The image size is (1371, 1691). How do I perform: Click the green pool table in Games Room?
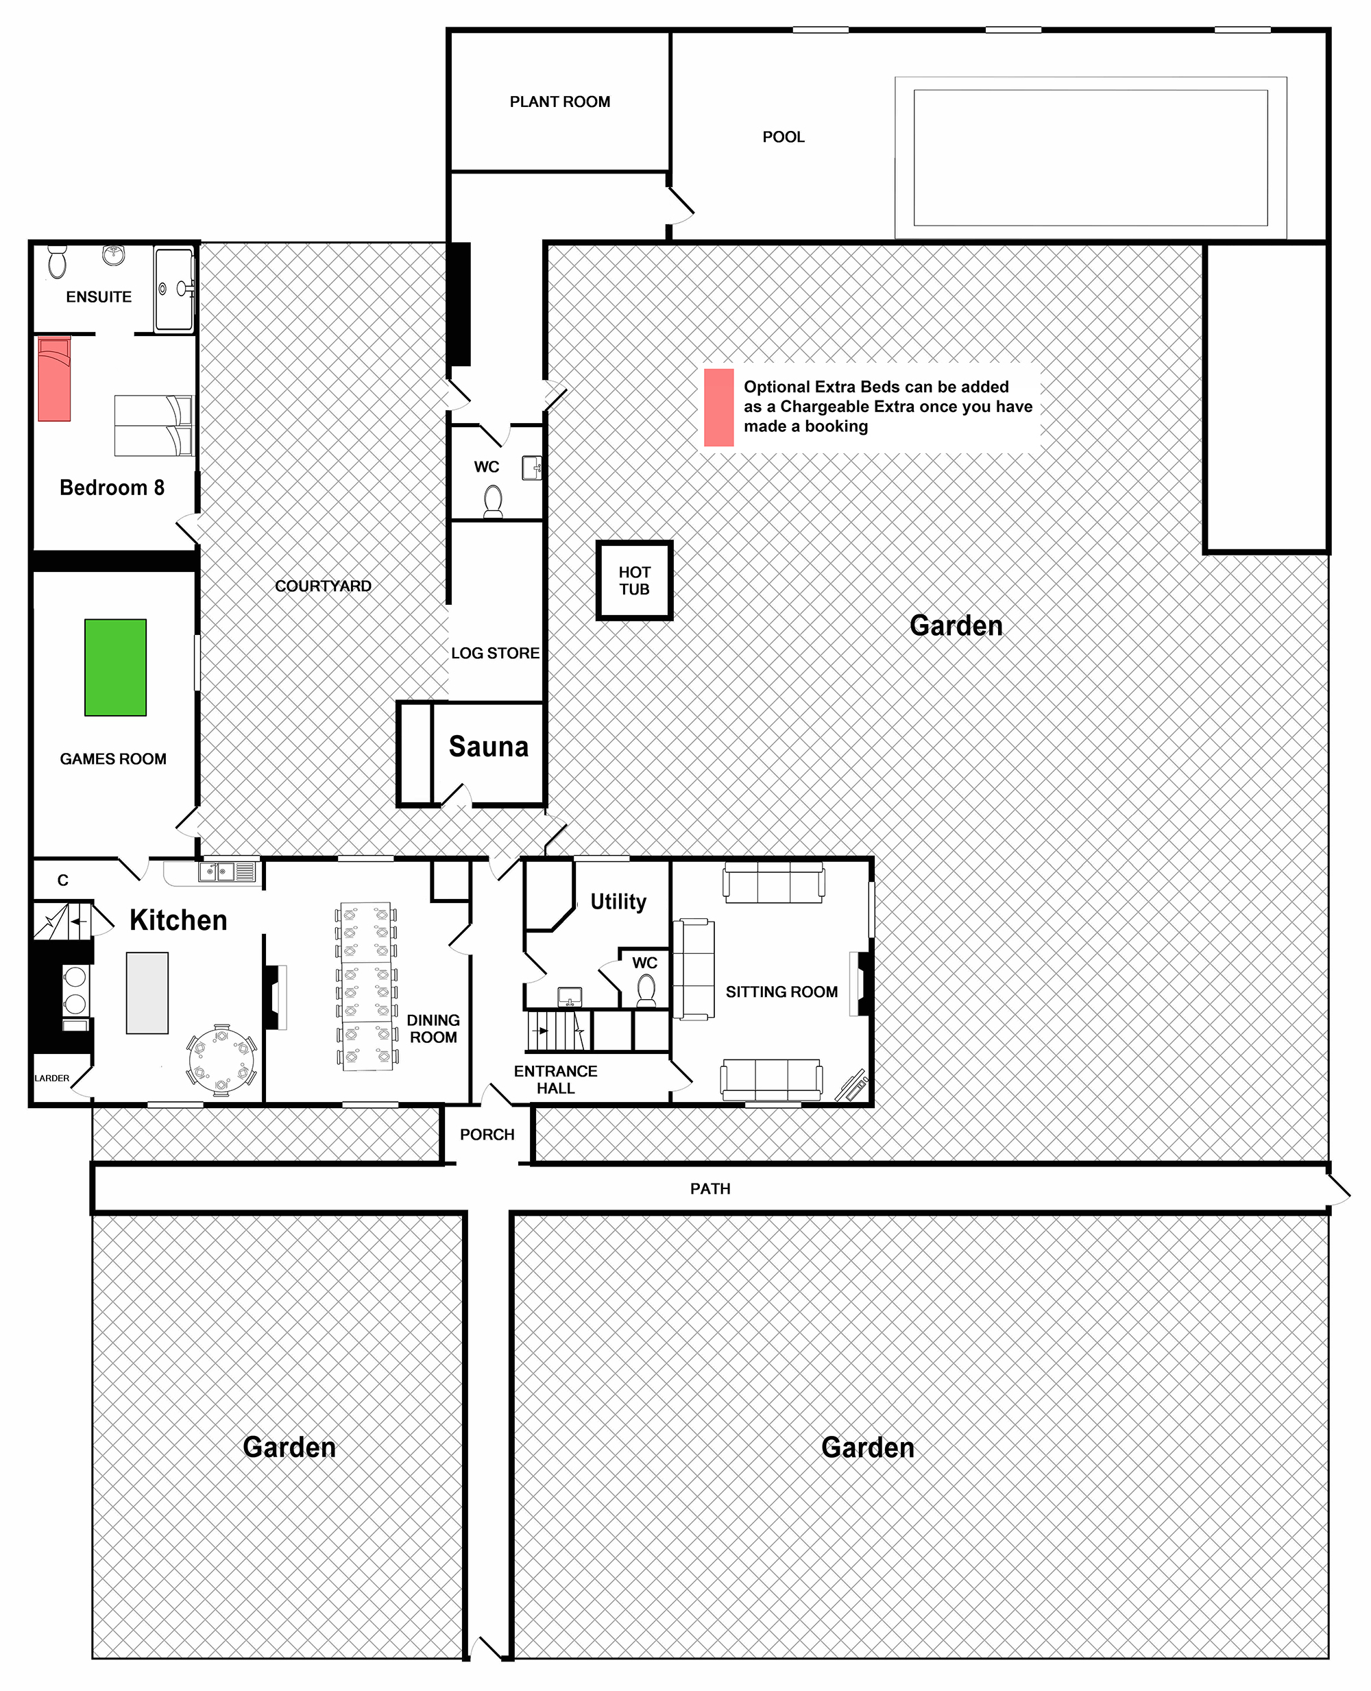(115, 667)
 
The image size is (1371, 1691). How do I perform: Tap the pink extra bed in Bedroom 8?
(54, 379)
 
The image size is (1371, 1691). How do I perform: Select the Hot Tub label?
(634, 581)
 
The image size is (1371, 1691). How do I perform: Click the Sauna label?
(488, 746)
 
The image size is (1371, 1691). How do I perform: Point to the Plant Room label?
(559, 102)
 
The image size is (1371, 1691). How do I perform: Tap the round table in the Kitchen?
(221, 1060)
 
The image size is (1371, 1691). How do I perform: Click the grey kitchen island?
(147, 993)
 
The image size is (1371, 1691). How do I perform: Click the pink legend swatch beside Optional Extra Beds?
(718, 407)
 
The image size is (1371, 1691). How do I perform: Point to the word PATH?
(710, 1188)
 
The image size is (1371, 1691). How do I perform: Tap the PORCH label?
(487, 1134)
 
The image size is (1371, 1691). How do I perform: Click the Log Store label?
(495, 653)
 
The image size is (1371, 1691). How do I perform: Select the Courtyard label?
(323, 586)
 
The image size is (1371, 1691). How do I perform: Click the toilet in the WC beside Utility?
(646, 989)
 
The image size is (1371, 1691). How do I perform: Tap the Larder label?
(52, 1078)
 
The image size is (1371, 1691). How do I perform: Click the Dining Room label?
(433, 1029)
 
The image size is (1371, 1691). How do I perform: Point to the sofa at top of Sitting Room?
(774, 883)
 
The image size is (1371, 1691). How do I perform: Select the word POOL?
(784, 136)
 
